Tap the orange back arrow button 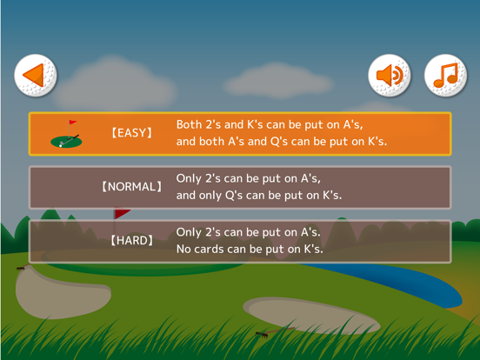[36, 76]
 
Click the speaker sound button [390, 76]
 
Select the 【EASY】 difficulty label [131, 134]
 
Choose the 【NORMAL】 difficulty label [131, 187]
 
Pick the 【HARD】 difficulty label [131, 241]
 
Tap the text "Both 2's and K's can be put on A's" [270, 125]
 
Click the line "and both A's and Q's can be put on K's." [281, 141]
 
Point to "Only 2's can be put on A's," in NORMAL [249, 178]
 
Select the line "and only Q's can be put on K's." [259, 195]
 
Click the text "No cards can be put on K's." [250, 250]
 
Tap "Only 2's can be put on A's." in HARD [249, 232]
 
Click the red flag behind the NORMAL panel [123, 213]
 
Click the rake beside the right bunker [260, 335]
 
